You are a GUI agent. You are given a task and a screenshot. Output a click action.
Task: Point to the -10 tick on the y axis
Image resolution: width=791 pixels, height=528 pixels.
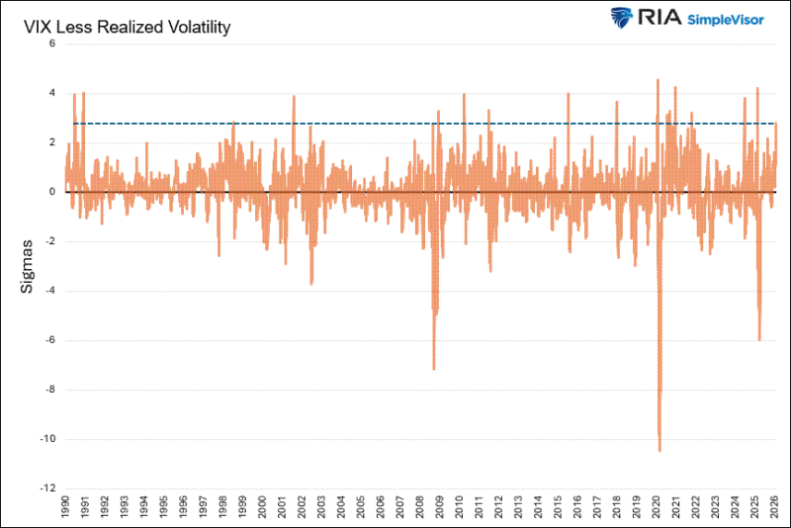tap(47, 439)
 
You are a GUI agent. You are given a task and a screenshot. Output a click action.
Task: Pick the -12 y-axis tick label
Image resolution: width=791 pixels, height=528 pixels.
tap(47, 488)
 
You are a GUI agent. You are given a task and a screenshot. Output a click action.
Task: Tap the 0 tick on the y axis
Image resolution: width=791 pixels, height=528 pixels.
tap(51, 192)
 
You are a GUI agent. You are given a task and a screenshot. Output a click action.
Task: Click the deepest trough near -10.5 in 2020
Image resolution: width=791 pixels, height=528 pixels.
tap(659, 450)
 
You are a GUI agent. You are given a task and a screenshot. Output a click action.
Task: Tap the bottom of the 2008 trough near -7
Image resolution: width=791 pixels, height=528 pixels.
tap(434, 369)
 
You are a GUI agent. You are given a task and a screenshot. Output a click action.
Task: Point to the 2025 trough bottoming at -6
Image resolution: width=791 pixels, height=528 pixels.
tap(759, 339)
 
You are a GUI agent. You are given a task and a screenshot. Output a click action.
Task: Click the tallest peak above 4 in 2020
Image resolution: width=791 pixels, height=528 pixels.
tap(658, 80)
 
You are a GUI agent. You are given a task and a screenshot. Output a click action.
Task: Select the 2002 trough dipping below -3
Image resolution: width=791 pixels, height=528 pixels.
tap(311, 283)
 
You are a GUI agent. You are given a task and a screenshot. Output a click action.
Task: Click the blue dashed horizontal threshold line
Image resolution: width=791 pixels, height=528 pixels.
tap(395, 124)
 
